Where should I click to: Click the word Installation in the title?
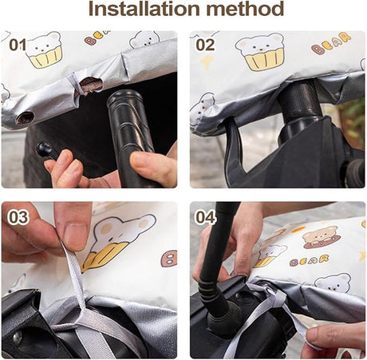click(x=144, y=9)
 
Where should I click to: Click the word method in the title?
click(x=245, y=9)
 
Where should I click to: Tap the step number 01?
click(x=18, y=45)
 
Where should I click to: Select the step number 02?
click(x=205, y=45)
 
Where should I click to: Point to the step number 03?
click(x=18, y=217)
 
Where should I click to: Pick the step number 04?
click(x=205, y=217)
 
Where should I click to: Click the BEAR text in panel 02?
click(x=330, y=43)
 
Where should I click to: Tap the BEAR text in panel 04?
click(x=309, y=260)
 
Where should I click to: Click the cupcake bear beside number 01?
click(x=45, y=49)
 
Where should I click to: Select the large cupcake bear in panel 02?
click(x=261, y=53)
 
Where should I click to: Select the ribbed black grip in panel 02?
click(x=300, y=99)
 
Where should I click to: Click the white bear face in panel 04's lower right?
click(x=333, y=283)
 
